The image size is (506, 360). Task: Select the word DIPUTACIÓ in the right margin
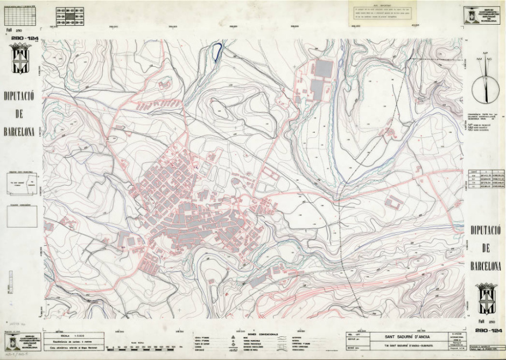tap(486, 230)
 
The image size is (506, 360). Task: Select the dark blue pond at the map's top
tap(217, 52)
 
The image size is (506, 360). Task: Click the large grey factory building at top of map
tap(324, 69)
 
